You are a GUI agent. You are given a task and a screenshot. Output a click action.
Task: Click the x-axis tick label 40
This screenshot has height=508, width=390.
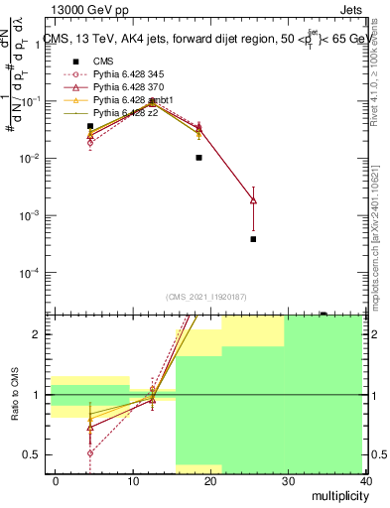tap(366, 480)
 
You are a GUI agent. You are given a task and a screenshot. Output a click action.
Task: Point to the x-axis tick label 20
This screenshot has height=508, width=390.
tap(211, 480)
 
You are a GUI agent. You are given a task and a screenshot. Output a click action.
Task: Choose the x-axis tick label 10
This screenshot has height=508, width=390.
tap(133, 480)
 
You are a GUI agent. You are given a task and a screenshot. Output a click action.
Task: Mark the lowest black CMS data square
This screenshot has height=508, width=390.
tap(253, 239)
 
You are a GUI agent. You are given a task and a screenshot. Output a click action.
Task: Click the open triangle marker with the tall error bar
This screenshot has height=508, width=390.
tap(253, 200)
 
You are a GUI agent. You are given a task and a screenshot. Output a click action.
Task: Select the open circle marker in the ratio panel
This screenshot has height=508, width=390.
tap(90, 452)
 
